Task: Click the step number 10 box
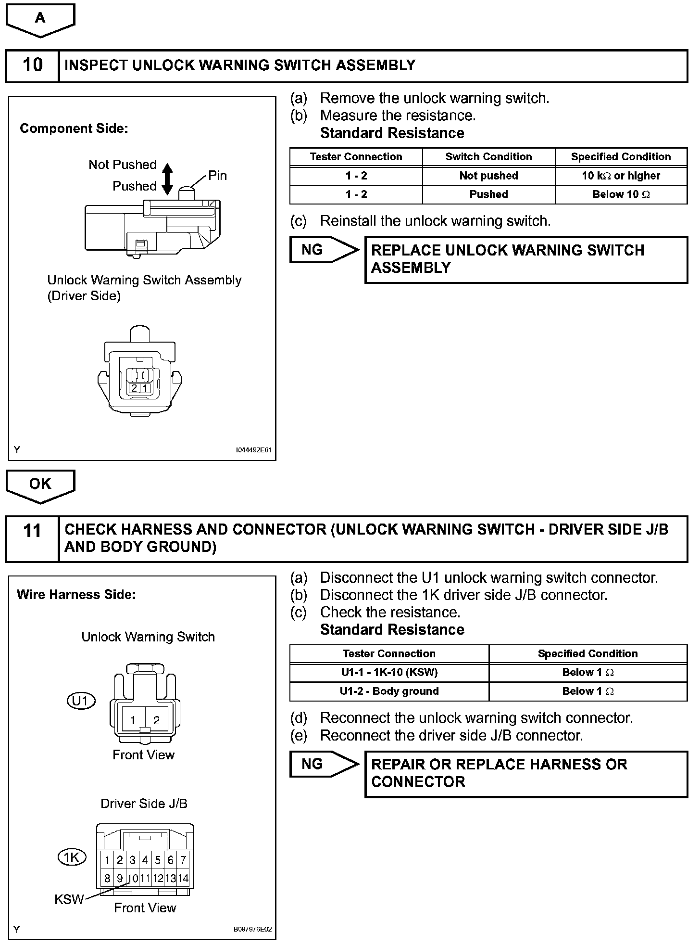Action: [32, 65]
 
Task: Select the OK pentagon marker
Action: [40, 484]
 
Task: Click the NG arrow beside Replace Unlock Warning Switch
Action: [324, 250]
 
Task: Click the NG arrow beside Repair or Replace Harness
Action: [324, 764]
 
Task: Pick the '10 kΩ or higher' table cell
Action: [621, 176]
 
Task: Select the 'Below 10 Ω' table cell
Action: [621, 194]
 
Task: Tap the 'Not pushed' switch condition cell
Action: [488, 176]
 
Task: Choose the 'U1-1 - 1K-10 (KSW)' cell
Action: [389, 672]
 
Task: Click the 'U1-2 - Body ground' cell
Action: [389, 691]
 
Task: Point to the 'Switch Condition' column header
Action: [488, 157]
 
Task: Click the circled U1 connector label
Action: [81, 700]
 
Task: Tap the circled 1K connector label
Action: [72, 857]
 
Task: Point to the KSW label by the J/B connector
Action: [69, 899]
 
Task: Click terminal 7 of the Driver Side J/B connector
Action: [183, 860]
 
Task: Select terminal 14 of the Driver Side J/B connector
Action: [183, 878]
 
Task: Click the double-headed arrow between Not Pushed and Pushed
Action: [167, 179]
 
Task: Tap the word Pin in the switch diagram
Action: [217, 176]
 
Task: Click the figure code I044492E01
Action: [253, 450]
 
